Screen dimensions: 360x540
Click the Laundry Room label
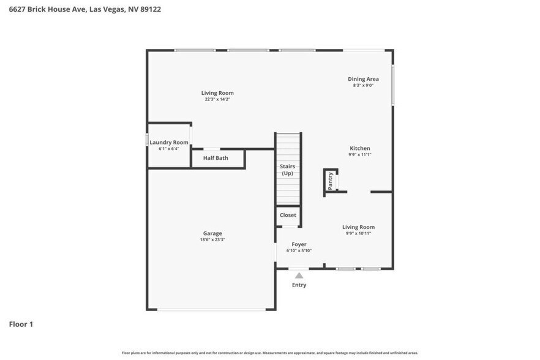point(169,142)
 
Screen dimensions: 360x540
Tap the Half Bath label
point(216,158)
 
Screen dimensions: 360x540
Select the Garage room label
point(212,233)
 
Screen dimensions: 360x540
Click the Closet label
point(288,215)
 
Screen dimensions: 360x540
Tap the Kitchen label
point(360,148)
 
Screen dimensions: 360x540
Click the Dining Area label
point(363,79)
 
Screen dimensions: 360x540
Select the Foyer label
point(299,244)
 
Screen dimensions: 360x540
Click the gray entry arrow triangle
point(299,276)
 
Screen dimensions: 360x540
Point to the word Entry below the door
point(299,285)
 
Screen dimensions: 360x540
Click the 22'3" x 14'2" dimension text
point(217,99)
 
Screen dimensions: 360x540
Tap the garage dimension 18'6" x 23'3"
point(212,239)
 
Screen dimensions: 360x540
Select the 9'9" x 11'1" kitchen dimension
point(360,154)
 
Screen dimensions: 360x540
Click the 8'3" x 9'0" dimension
point(363,85)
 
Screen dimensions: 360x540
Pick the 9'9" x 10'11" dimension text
point(358,233)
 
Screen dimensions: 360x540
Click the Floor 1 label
point(21,324)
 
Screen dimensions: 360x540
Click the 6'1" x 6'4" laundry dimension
point(169,148)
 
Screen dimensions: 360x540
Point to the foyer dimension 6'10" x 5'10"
point(299,250)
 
